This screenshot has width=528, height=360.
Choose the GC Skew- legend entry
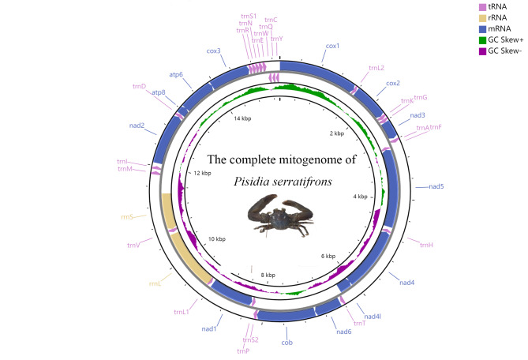505,51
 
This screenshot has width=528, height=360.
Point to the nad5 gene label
436,186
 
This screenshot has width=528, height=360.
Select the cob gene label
286,343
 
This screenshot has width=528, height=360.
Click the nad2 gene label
136,125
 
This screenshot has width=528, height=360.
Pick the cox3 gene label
213,51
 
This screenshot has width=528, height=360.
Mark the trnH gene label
427,245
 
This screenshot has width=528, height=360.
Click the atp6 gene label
176,75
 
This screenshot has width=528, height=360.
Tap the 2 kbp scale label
337,133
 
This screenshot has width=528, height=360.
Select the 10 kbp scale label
216,238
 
